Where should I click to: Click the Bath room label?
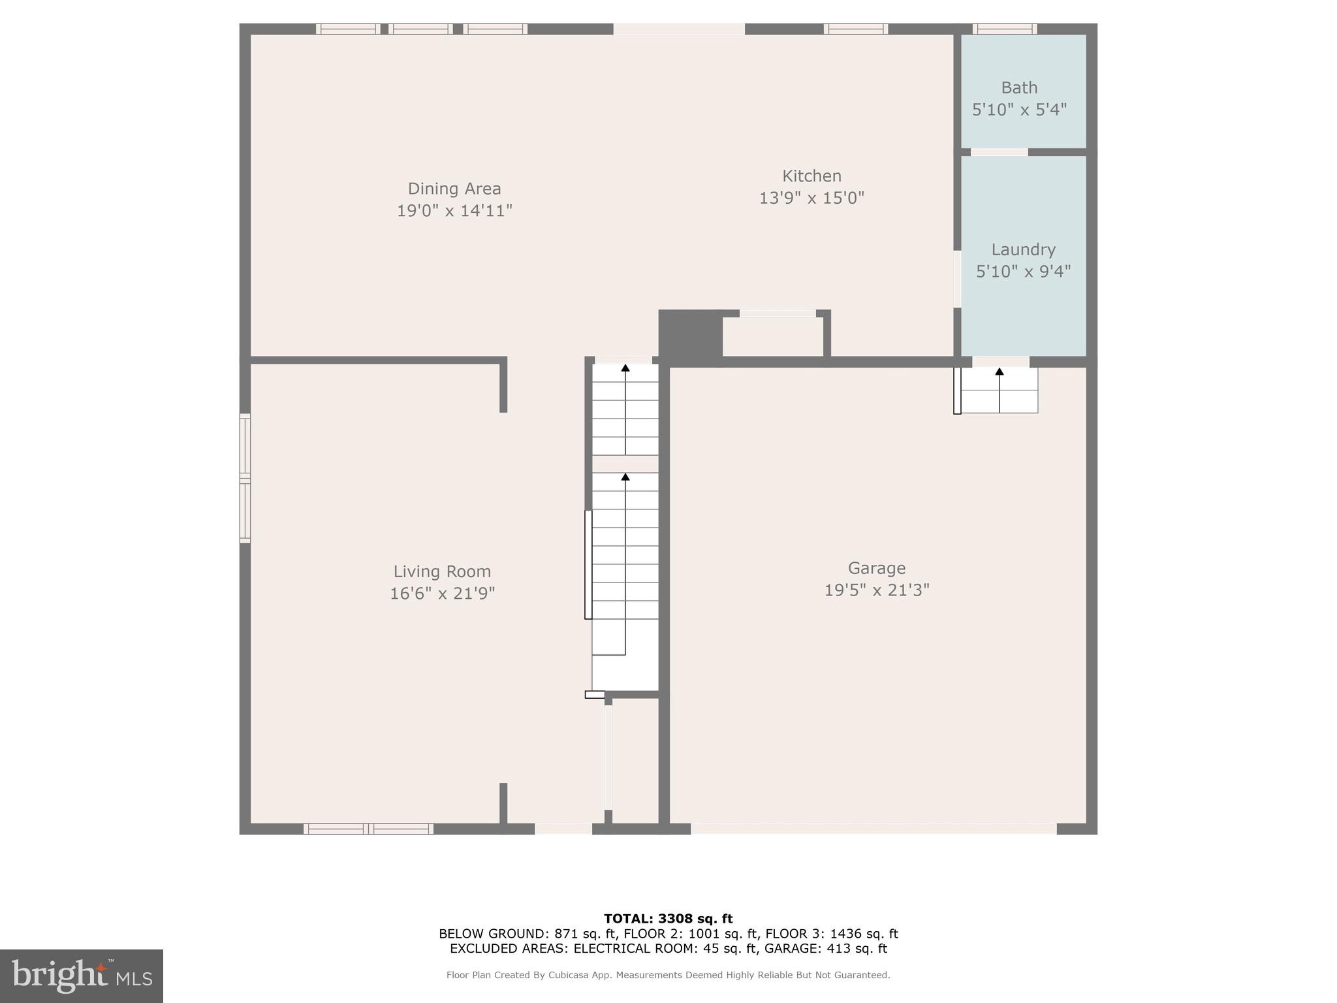pos(1019,88)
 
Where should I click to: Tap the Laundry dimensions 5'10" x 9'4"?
pos(1023,271)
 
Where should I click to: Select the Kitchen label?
pos(811,176)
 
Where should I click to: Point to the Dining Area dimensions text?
pos(454,211)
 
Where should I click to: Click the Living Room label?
pos(442,571)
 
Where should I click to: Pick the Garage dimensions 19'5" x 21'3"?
pos(876,590)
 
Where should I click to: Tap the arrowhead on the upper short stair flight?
pos(625,368)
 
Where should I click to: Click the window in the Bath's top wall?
pos(1004,29)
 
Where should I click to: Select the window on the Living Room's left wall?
pos(245,479)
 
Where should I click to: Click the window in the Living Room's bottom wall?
pos(368,829)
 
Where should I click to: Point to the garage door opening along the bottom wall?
pos(873,829)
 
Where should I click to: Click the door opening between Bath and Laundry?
pos(999,152)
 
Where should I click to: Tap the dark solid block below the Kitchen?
pos(689,336)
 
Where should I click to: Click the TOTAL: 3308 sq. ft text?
pos(668,919)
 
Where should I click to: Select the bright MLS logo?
pos(82,976)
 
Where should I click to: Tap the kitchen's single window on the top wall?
pos(855,29)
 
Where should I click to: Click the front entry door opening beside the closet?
pos(563,829)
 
